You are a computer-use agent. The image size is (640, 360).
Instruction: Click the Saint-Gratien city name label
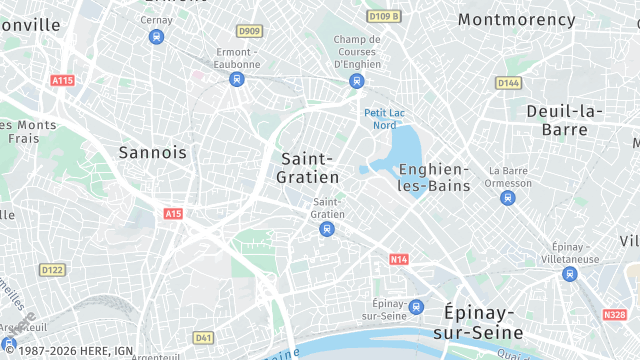309,167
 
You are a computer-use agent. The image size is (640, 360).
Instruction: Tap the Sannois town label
152,152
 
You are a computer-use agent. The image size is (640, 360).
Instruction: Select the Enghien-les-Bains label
434,177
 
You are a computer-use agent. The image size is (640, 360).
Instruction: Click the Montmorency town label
516,20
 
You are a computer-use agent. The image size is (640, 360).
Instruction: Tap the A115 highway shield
62,80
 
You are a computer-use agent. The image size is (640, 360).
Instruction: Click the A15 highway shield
173,213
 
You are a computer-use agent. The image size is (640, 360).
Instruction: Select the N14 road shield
399,259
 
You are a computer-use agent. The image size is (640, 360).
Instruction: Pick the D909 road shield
250,31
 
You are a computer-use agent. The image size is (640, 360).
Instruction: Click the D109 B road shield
383,16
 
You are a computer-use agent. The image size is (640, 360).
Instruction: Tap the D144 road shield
509,83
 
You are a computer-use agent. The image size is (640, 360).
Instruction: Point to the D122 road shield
52,269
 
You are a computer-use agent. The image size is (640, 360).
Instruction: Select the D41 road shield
204,337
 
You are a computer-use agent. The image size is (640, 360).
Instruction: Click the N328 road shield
615,314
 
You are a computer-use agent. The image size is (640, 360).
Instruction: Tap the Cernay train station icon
156,37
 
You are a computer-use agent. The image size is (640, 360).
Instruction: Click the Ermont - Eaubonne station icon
237,79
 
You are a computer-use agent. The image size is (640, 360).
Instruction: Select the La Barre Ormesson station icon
507,198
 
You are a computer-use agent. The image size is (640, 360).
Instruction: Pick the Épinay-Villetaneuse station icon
569,273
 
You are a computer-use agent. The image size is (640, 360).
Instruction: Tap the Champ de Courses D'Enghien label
357,52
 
